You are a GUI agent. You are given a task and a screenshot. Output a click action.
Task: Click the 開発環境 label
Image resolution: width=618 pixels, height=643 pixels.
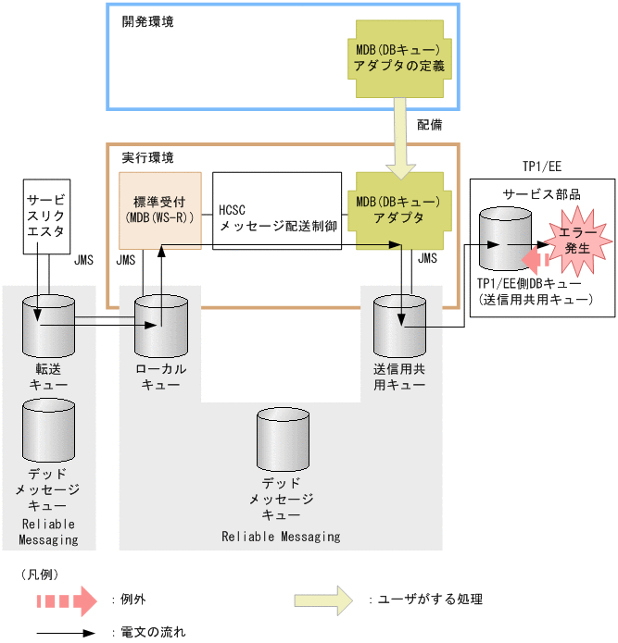point(147,21)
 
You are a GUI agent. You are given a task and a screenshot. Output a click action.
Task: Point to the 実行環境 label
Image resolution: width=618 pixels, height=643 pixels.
point(147,158)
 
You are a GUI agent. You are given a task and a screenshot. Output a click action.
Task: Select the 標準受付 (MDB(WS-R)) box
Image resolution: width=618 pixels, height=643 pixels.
point(160,210)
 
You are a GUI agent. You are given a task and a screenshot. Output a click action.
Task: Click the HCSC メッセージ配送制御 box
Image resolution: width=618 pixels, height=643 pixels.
point(277,210)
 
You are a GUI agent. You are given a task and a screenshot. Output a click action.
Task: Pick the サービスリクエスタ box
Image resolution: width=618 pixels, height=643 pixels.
point(46,216)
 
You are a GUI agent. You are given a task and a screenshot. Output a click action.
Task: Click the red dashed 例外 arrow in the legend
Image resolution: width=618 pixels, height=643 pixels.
point(66,600)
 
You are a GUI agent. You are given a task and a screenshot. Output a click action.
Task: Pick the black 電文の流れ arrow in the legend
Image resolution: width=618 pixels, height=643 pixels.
point(65,634)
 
